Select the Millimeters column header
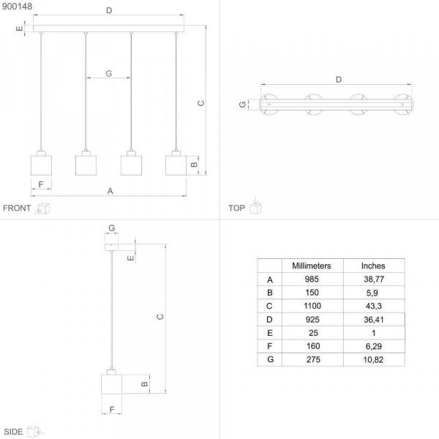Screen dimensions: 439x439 [312, 266]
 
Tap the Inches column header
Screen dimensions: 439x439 [373, 266]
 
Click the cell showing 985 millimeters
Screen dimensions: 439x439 [312, 279]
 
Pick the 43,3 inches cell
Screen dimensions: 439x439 [373, 306]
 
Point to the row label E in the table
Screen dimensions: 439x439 [269, 333]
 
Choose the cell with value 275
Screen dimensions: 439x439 [312, 359]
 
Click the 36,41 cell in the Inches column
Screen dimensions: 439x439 [373, 320]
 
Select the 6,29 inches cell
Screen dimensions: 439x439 [373, 346]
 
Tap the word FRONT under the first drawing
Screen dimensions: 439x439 [17, 209]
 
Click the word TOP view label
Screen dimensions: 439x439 [236, 209]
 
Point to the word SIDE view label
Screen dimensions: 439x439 [13, 432]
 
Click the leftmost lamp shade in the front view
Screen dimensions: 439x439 [41, 163]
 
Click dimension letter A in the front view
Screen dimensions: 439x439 [110, 191]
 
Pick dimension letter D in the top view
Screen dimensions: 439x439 [338, 79]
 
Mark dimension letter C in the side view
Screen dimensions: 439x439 [160, 316]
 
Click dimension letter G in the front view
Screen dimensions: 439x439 [108, 73]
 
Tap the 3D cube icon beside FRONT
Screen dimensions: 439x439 [43, 209]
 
